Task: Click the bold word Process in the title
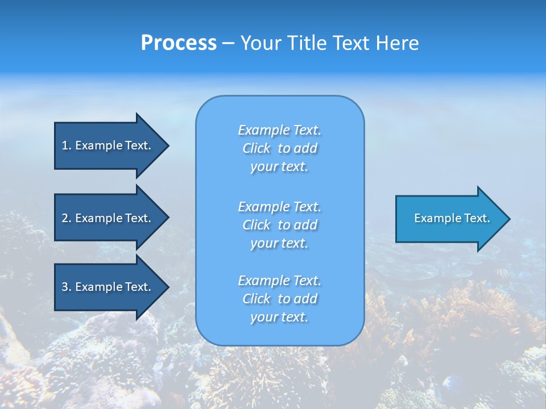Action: point(179,43)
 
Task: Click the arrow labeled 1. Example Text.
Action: point(105,145)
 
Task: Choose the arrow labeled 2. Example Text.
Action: point(105,218)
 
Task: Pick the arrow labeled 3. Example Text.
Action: point(105,287)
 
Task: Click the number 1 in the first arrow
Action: point(65,145)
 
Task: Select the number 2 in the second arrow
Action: point(65,218)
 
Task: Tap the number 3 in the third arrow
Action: point(65,287)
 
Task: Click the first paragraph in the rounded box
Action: point(280,148)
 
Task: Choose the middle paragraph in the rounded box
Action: point(280,225)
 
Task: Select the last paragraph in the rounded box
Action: point(280,299)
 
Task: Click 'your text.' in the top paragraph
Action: point(279,167)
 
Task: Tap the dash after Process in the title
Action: point(228,43)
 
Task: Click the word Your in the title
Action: point(259,43)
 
